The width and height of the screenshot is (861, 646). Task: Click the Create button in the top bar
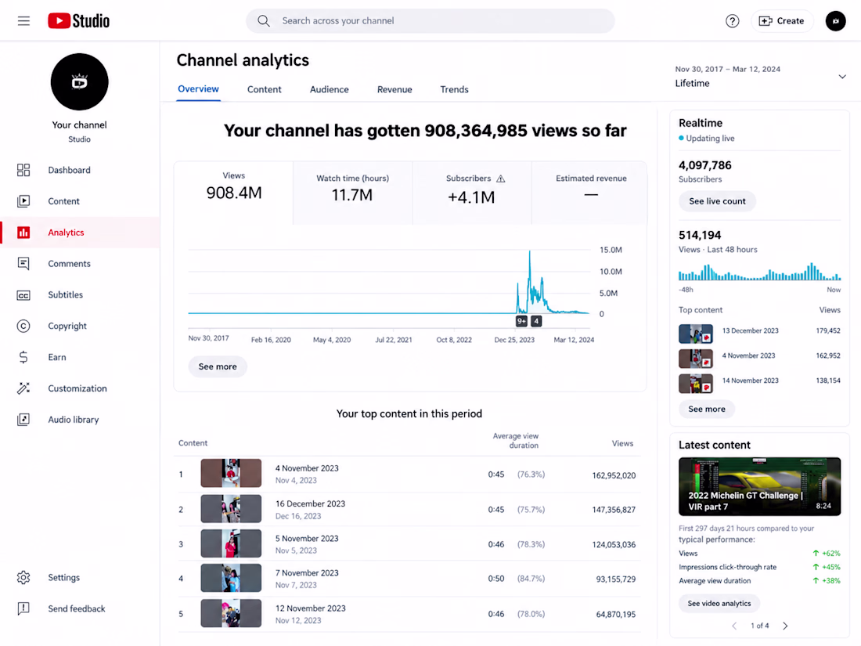(781, 21)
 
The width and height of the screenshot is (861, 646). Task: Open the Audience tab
(329, 89)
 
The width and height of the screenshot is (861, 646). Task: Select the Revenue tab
(394, 89)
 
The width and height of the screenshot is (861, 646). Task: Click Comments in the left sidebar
(69, 264)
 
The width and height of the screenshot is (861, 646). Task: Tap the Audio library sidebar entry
(73, 420)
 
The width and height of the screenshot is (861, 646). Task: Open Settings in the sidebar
(63, 577)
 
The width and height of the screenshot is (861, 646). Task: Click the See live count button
(717, 201)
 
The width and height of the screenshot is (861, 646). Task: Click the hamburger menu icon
(23, 21)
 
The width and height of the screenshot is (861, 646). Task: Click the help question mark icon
(732, 21)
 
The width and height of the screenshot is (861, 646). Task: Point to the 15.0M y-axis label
(611, 250)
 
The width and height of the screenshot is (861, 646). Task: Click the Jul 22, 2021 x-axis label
(393, 340)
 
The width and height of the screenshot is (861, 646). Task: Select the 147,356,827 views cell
(614, 510)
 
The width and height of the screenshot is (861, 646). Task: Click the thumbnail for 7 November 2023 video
(231, 578)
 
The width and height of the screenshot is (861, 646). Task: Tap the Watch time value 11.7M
(352, 195)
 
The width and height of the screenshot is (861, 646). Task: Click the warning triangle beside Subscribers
(501, 179)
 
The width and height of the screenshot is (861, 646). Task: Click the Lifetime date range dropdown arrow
(841, 77)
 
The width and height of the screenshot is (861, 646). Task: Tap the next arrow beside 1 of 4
(785, 626)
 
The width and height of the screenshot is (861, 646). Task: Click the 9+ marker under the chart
(521, 321)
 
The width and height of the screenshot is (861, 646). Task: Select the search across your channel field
(430, 21)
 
